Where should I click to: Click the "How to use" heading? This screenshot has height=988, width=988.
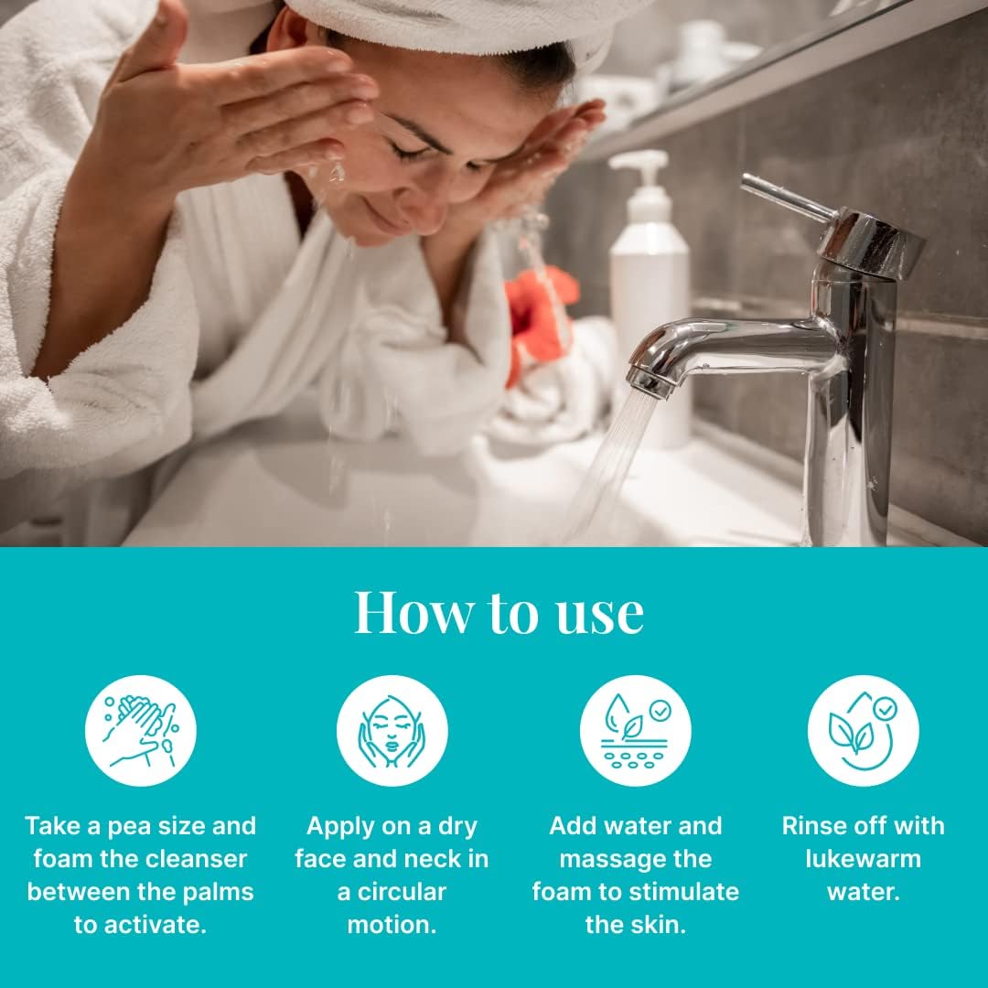(499, 612)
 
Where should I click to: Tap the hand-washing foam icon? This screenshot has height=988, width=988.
(140, 730)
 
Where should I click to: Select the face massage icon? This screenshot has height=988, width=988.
(392, 730)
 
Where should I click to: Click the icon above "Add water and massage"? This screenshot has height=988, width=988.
(635, 730)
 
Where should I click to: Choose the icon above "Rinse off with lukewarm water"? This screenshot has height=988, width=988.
(863, 730)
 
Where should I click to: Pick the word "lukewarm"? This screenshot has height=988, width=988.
(863, 859)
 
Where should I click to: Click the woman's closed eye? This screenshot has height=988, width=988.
(412, 152)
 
